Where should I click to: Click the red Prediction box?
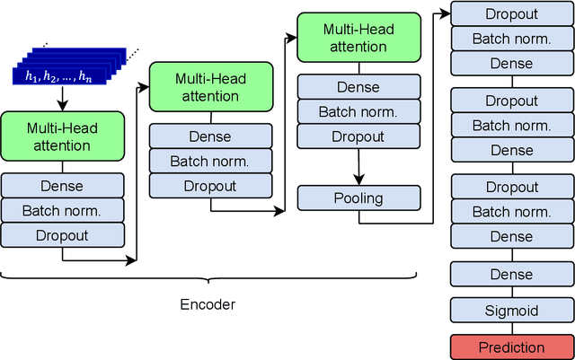click(510, 347)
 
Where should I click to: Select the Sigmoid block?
click(510, 311)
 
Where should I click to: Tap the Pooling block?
click(358, 198)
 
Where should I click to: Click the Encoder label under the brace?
click(208, 304)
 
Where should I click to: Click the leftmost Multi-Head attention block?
click(63, 136)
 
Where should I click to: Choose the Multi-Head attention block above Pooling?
click(358, 38)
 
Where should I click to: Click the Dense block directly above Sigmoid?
click(510, 274)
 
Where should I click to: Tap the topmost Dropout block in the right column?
click(510, 14)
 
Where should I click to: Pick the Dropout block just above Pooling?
click(358, 137)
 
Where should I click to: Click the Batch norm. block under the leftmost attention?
click(63, 211)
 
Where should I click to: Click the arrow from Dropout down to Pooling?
click(358, 167)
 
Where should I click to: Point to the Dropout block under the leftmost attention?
click(63, 235)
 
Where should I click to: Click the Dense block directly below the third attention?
click(358, 87)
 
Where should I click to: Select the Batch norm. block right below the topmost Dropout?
click(510, 39)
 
